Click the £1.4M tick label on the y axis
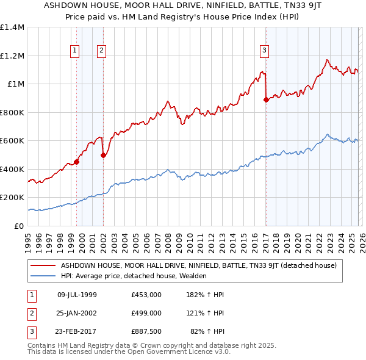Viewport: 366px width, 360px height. pos(12,27)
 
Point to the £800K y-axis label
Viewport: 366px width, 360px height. pos(12,112)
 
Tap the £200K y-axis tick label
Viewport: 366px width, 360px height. pos(12,198)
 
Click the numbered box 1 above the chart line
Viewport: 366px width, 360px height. pos(74,51)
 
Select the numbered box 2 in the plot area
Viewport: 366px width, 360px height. pos(101,51)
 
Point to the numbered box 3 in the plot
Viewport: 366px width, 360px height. pos(265,51)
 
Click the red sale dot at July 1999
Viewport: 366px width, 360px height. pos(76,162)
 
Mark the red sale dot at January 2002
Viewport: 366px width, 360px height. pos(104,155)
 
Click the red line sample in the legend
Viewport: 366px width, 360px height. pos(43,265)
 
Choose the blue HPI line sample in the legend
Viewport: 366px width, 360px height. pos(43,276)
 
